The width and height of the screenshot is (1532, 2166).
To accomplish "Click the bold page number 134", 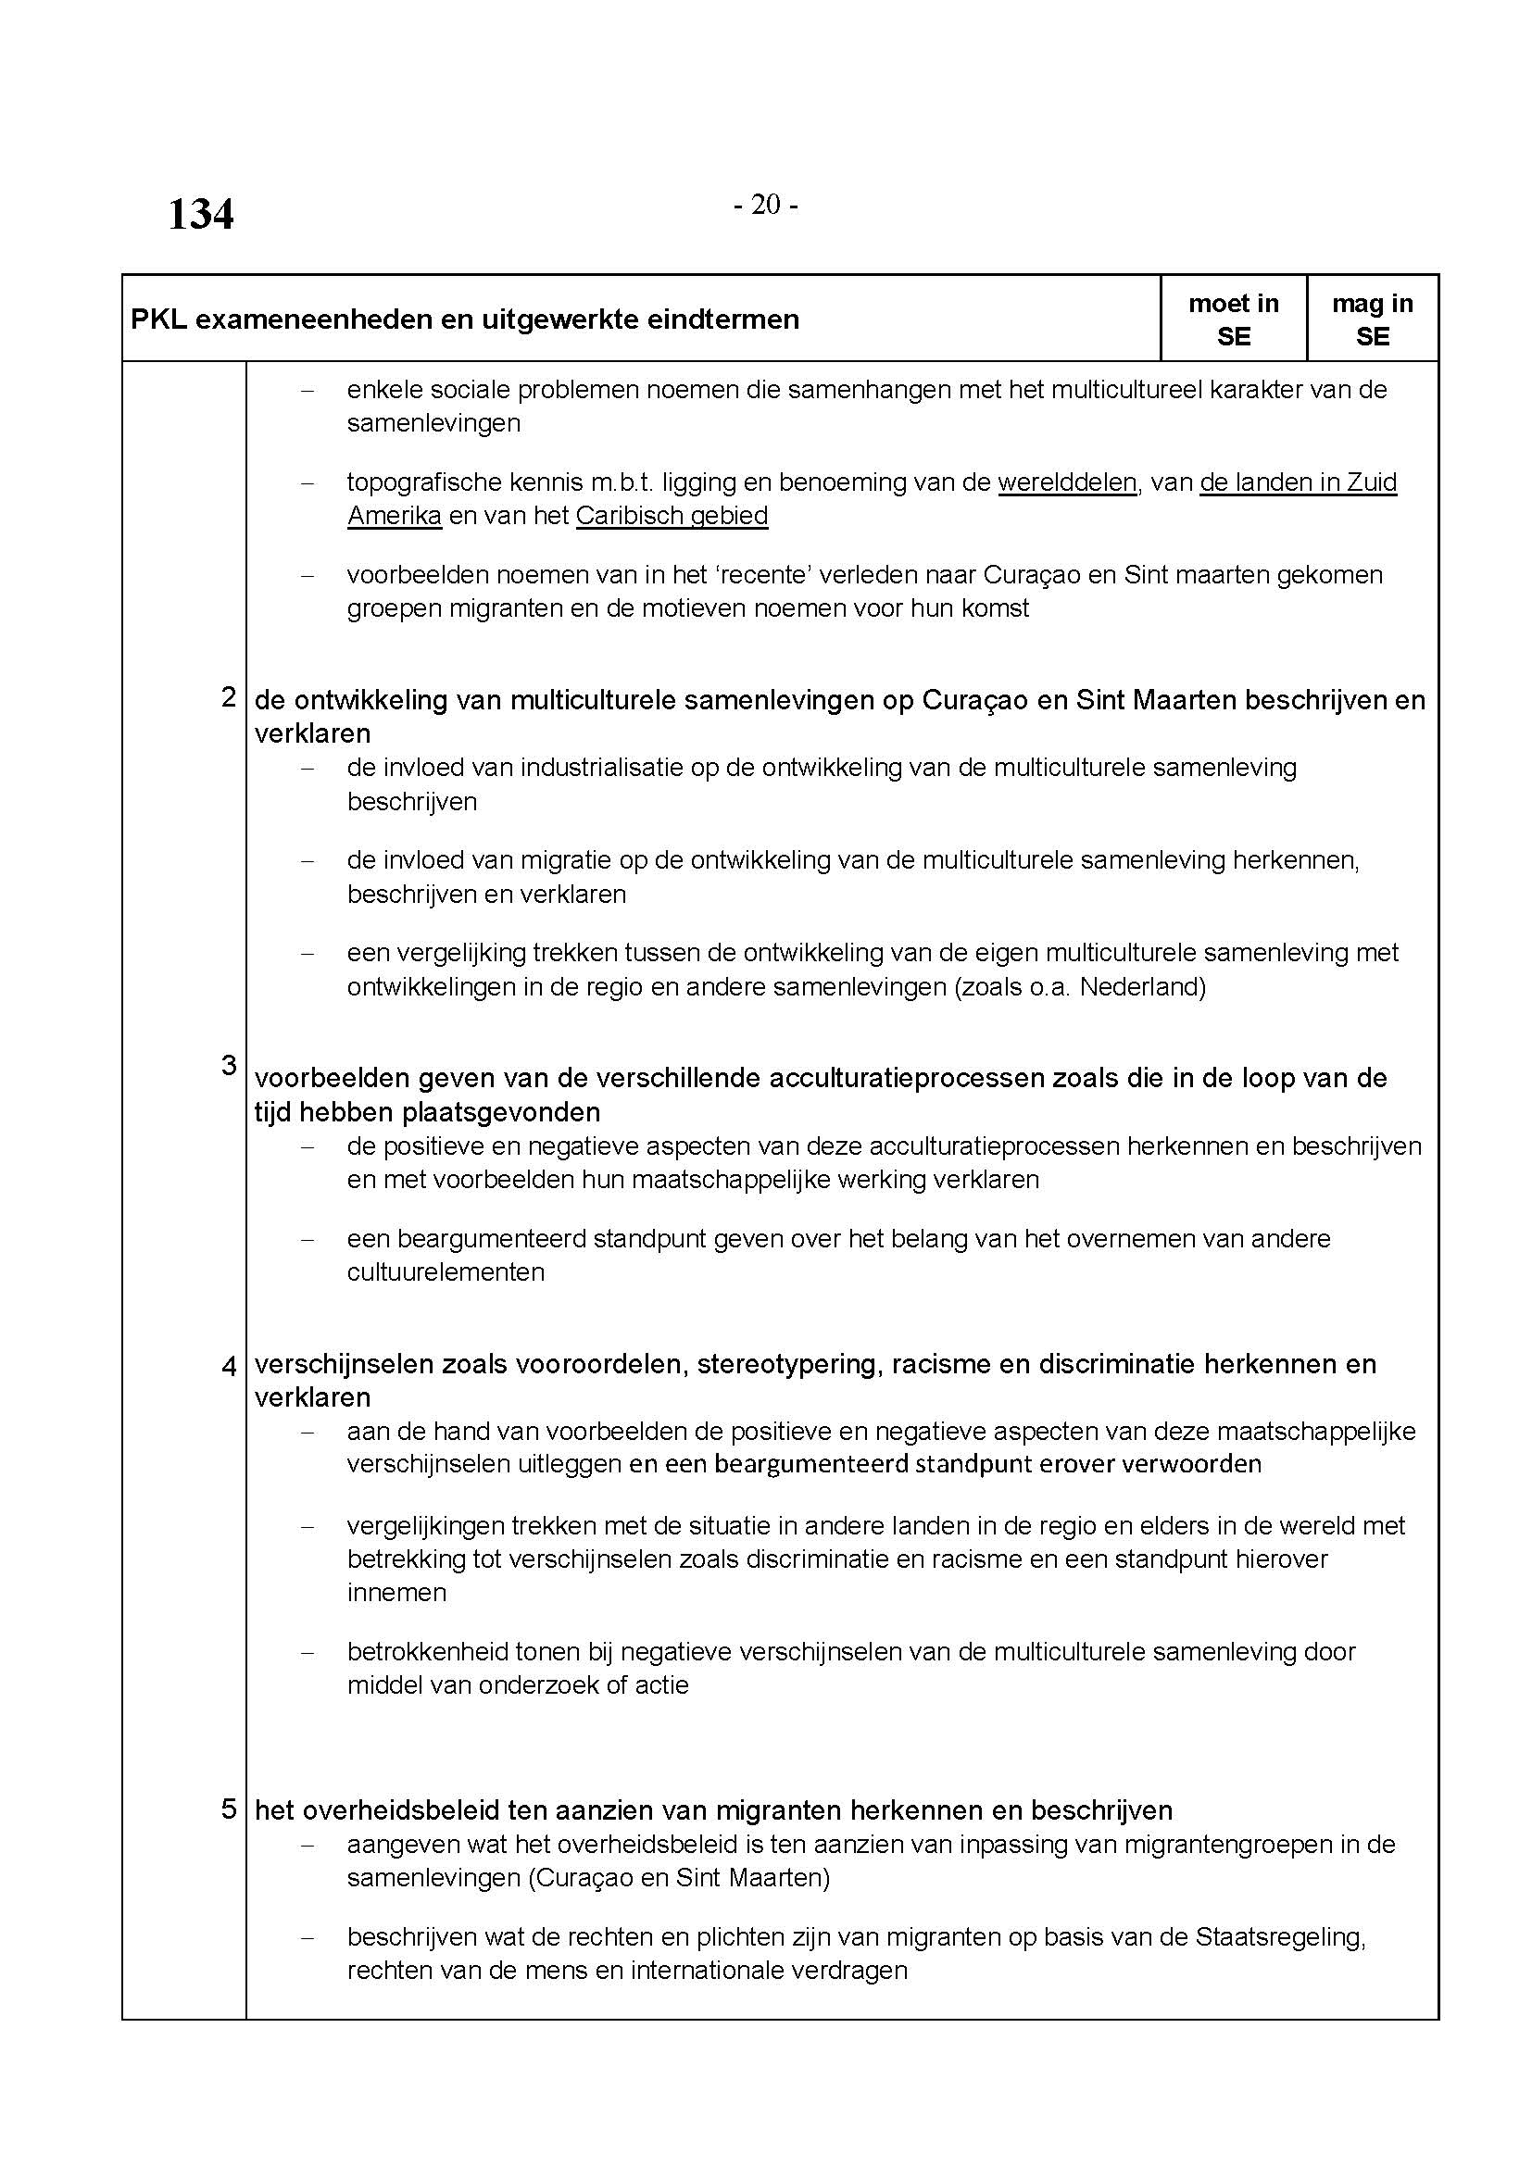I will click(x=200, y=214).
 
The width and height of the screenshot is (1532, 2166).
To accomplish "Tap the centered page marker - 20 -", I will click(x=765, y=205).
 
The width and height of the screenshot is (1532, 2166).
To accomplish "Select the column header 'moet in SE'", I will click(x=1233, y=319).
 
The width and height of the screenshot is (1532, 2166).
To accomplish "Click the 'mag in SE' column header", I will click(x=1372, y=319).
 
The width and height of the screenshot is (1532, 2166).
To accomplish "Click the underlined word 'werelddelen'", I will click(x=1067, y=482).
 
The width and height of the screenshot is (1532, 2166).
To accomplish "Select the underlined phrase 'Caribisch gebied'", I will click(x=672, y=516).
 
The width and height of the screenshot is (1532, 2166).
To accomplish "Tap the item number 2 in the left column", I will click(x=228, y=697).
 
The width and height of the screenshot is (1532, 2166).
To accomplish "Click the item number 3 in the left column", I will click(x=228, y=1065).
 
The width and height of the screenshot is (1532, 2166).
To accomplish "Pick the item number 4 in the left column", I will click(x=228, y=1365).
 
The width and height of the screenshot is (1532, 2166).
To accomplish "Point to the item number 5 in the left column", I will click(x=228, y=1809).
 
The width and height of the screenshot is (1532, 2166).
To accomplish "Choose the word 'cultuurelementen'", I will click(x=446, y=1272).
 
